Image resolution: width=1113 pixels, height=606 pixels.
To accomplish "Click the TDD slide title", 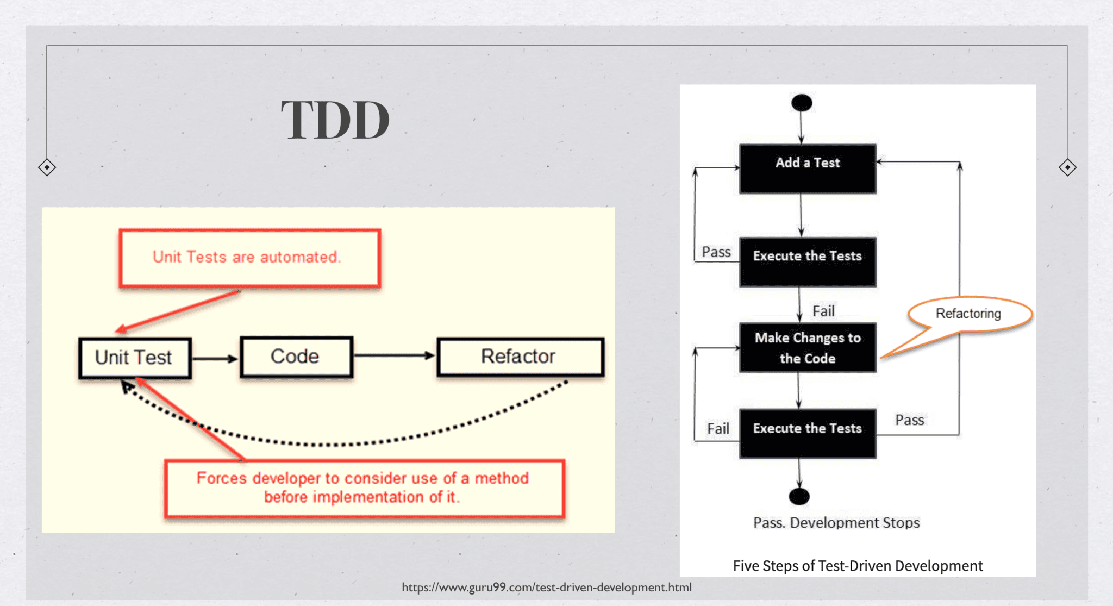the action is click(335, 120).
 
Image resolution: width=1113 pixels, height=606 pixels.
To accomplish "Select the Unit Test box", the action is click(135, 358).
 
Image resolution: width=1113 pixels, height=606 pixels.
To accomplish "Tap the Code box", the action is click(296, 357).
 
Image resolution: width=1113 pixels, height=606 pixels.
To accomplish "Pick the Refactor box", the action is click(520, 357).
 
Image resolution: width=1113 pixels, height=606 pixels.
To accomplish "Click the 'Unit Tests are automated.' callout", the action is click(249, 258).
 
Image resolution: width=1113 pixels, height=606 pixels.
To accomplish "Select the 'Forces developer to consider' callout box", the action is click(364, 488).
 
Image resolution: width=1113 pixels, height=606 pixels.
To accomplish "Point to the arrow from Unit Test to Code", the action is click(215, 359).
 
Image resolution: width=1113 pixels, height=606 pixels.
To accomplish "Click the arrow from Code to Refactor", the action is click(395, 356).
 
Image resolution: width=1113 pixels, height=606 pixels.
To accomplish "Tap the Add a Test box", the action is click(808, 168).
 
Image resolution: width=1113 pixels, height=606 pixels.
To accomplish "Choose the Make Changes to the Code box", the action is click(808, 348).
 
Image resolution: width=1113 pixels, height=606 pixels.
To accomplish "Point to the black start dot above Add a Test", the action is click(802, 103).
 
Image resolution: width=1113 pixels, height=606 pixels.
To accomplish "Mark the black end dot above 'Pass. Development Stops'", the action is click(799, 496).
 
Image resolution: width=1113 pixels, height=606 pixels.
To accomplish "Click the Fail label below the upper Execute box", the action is click(823, 311).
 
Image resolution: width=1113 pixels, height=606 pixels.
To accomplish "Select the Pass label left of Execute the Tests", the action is click(716, 252).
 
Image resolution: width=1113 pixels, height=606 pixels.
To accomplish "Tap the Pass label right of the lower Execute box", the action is click(909, 420).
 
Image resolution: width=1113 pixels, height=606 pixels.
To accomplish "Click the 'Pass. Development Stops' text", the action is click(836, 523).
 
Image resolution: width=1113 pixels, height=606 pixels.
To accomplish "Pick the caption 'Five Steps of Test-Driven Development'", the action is click(858, 566).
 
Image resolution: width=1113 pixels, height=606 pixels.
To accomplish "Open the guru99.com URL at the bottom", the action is click(547, 587).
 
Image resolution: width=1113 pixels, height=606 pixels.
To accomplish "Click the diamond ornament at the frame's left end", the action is click(47, 167).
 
